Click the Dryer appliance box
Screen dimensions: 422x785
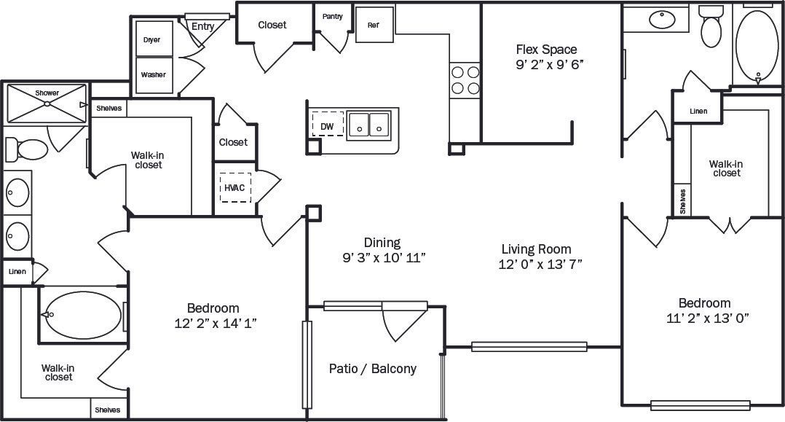[x=152, y=39]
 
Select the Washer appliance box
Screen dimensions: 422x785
[x=153, y=75]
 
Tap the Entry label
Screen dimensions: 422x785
[x=202, y=27]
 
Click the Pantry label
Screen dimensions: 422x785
[x=332, y=16]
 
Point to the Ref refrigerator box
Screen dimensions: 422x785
[x=374, y=25]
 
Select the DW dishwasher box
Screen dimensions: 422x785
[x=327, y=125]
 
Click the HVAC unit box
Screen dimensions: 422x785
[x=234, y=188]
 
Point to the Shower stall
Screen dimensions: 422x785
[x=47, y=103]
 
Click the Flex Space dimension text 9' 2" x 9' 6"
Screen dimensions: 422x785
[x=550, y=63]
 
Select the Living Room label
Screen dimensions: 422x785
[x=535, y=249]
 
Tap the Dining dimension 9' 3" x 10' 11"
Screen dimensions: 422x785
[x=383, y=257]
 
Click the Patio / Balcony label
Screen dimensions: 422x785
[x=373, y=368]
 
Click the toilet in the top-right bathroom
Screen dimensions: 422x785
[x=710, y=28]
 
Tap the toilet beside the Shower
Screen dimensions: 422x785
[x=25, y=149]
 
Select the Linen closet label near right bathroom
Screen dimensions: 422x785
[x=698, y=112]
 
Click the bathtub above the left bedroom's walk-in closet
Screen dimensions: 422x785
[x=81, y=314]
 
